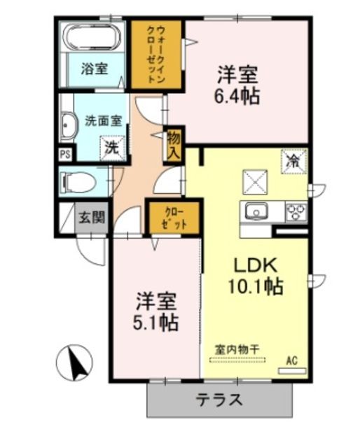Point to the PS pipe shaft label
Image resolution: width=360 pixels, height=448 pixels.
pos(65,155)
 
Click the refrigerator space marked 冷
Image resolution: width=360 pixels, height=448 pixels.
pos(294,162)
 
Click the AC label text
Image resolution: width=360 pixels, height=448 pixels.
pos(292,360)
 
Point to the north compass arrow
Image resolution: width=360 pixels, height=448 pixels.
pos(76,363)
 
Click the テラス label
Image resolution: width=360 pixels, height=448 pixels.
pos(220,400)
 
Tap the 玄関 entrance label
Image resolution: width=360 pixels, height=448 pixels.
pos(92,218)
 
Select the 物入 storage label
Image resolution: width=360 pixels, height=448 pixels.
pos(174,146)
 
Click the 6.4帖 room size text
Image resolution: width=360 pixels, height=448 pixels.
pos(237,96)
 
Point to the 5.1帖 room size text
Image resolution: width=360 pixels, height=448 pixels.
pos(156,323)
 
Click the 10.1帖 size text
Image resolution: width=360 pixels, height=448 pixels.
pos(256,286)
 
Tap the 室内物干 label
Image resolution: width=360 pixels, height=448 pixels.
pos(237,349)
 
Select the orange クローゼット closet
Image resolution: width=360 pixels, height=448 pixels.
pos(174,218)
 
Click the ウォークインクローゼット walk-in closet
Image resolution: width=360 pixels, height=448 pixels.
pos(156,55)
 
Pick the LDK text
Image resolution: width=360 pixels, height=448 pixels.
pos(256,265)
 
